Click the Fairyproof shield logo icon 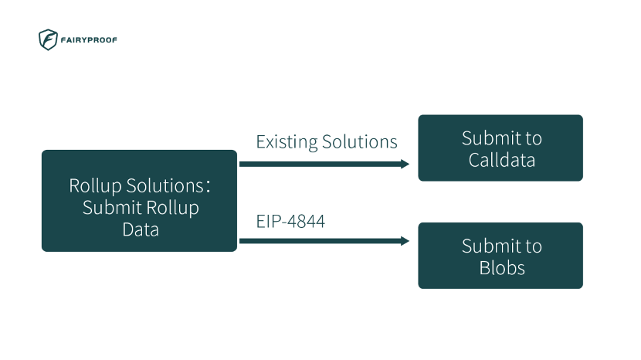coord(48,39)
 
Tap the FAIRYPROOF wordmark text coord(90,40)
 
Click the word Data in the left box coord(140,229)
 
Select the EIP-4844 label coord(290,222)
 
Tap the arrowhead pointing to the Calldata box coord(405,164)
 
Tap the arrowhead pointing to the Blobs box coord(405,241)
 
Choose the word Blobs coord(501,268)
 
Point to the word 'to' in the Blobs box coord(534,246)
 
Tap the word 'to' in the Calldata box coord(534,138)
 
